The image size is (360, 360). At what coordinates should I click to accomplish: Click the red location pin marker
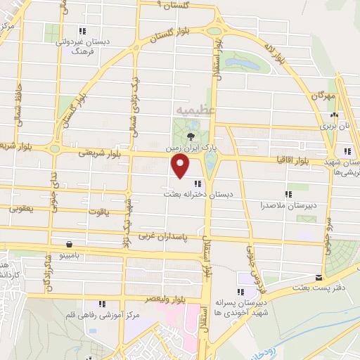click(x=181, y=167)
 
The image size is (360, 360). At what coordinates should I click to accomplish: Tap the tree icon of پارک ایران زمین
click(x=192, y=136)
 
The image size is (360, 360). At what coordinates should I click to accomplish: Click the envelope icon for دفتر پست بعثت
click(x=319, y=278)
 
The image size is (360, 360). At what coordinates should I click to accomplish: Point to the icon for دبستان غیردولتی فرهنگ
click(x=82, y=31)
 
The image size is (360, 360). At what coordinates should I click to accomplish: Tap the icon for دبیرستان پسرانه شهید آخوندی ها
click(x=241, y=291)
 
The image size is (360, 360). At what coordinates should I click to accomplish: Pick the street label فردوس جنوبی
click(x=255, y=266)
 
